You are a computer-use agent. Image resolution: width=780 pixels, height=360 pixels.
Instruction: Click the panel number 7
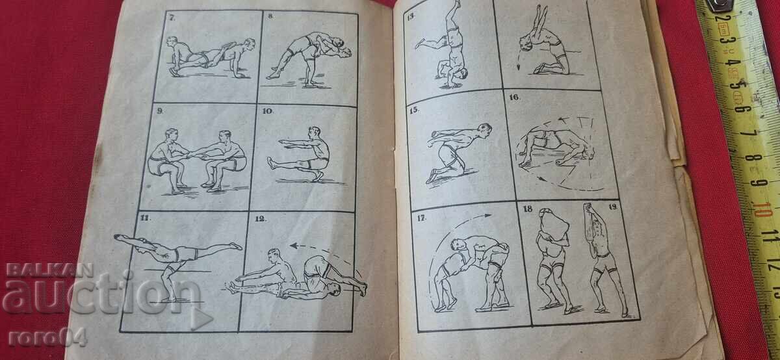pyautogui.click(x=172, y=18)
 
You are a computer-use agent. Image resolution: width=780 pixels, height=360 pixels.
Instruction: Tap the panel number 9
pyautogui.click(x=160, y=111)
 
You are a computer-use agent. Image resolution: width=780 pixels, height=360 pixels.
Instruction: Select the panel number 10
pyautogui.click(x=268, y=111)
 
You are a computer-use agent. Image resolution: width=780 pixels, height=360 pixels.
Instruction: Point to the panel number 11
pyautogui.click(x=145, y=218)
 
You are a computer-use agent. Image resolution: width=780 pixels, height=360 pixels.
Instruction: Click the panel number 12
pyautogui.click(x=261, y=218)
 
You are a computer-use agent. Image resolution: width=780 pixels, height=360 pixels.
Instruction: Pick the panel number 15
pyautogui.click(x=414, y=110)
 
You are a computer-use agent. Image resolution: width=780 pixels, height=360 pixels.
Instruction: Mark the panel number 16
pyautogui.click(x=513, y=97)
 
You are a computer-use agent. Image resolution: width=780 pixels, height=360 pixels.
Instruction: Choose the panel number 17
pyautogui.click(x=421, y=218)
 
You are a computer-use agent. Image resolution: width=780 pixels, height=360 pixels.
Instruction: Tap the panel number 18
pyautogui.click(x=528, y=209)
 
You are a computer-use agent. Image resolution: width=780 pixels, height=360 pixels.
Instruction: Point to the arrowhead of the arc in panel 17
pyautogui.click(x=488, y=216)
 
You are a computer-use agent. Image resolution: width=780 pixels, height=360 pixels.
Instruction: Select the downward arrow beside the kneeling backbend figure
pyautogui.click(x=519, y=61)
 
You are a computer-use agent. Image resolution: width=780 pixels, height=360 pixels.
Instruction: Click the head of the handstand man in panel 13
pyautogui.click(x=462, y=74)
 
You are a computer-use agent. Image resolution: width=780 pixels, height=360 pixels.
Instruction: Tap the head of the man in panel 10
pyautogui.click(x=315, y=133)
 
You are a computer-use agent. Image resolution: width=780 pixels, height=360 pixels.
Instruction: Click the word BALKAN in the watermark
pyautogui.click(x=50, y=270)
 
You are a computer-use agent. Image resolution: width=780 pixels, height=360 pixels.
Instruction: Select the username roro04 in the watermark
pyautogui.click(x=47, y=338)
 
